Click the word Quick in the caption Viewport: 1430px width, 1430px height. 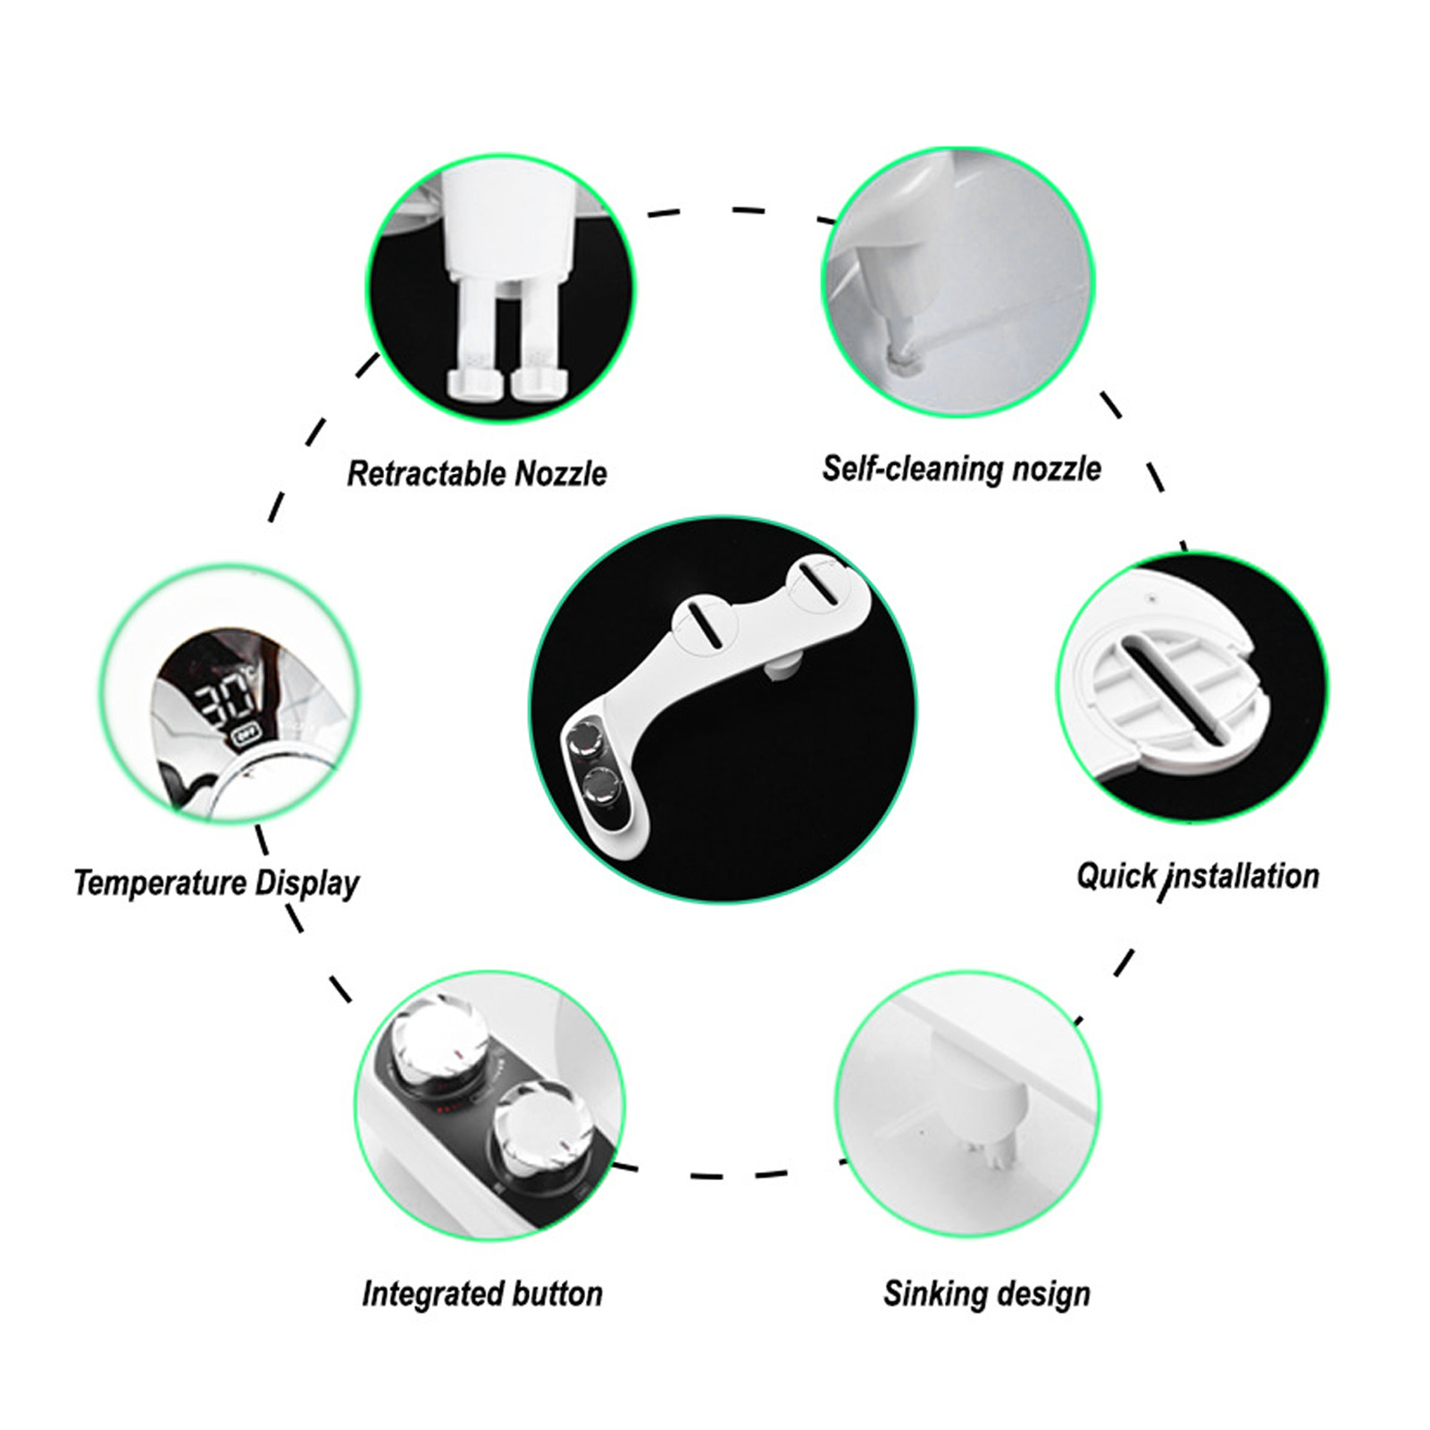pyautogui.click(x=1116, y=876)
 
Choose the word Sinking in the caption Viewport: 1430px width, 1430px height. pyautogui.click(x=928, y=1293)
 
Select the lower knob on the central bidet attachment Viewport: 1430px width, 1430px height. pyautogui.click(x=600, y=787)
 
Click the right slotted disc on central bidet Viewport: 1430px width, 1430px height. pyautogui.click(x=819, y=586)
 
